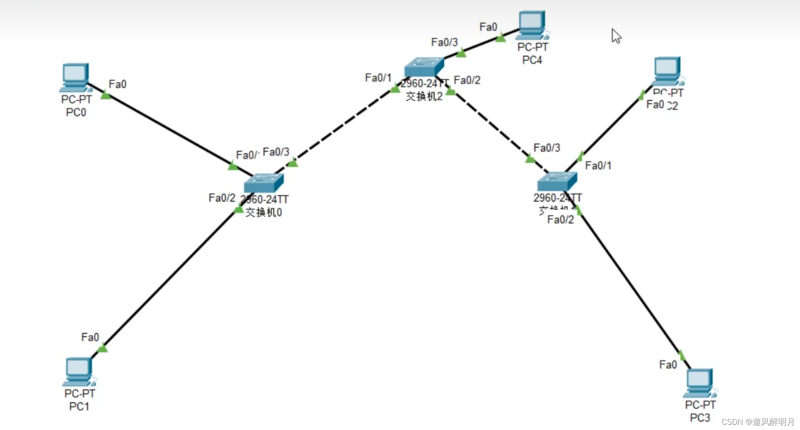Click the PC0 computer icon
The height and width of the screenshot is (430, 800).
coord(75,77)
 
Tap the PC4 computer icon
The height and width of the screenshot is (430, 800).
coord(532,25)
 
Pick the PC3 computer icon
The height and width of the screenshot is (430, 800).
coord(699,383)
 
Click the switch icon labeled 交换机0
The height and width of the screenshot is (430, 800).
coord(263,183)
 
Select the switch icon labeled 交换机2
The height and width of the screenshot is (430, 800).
coord(424,67)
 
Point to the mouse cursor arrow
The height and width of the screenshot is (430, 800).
coord(616,36)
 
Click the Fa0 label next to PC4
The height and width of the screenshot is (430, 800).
coord(488,27)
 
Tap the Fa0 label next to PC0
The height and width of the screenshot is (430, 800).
coord(117,84)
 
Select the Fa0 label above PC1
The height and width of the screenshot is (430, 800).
coord(90,338)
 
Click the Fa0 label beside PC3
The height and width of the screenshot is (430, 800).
coord(668,365)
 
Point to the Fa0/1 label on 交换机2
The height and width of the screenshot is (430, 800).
coord(378,78)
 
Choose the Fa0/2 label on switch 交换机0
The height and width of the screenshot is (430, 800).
coord(222,198)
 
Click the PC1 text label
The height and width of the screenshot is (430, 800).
coord(79,406)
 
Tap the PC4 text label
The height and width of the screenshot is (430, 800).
coord(532,60)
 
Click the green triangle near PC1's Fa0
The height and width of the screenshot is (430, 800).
coord(103,349)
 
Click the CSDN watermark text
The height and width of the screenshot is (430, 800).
coord(757,422)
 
